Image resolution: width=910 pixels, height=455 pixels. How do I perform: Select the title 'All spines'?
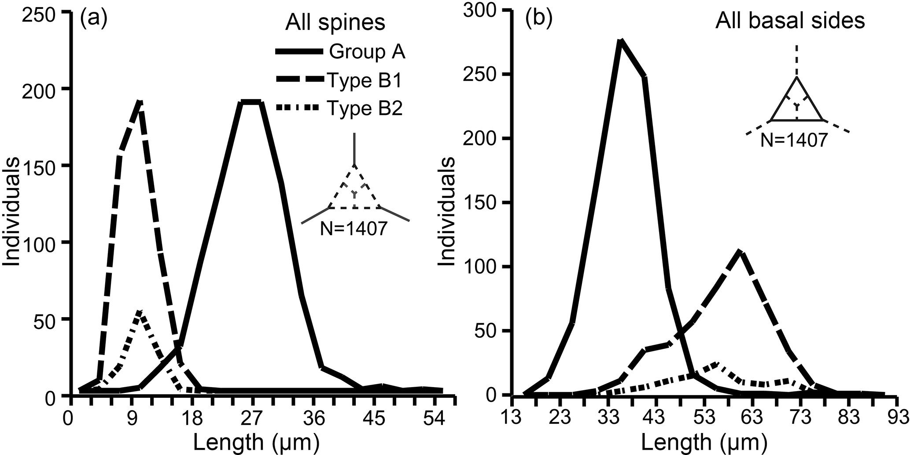(x=335, y=22)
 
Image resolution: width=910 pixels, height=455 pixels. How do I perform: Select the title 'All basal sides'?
(x=790, y=21)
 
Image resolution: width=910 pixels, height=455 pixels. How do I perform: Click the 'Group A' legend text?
(x=367, y=53)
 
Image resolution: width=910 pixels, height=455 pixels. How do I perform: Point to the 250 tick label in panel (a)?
(x=43, y=13)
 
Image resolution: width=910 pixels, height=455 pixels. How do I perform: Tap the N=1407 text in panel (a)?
(x=354, y=229)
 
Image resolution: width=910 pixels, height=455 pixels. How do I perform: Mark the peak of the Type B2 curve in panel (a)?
(x=139, y=312)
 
